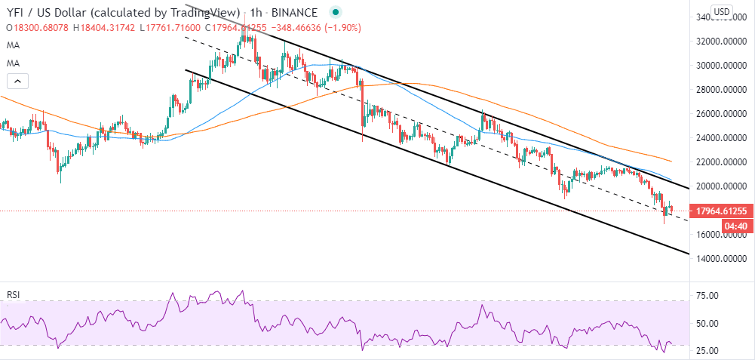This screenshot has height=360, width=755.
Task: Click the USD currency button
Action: coord(722,11)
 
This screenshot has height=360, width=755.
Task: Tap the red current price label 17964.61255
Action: coord(722,211)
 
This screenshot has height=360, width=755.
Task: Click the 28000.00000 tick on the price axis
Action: coord(721,90)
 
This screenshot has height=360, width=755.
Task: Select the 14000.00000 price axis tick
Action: coord(721,259)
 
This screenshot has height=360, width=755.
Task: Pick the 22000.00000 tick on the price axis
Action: coord(721,162)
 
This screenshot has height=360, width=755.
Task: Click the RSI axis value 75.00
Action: coord(707,295)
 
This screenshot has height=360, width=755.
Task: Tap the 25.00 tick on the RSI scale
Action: coord(707,351)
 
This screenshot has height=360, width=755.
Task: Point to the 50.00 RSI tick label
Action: coord(707,323)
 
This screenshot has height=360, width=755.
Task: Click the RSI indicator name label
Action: coord(13,293)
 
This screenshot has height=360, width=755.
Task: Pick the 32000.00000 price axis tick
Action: coord(721,42)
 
